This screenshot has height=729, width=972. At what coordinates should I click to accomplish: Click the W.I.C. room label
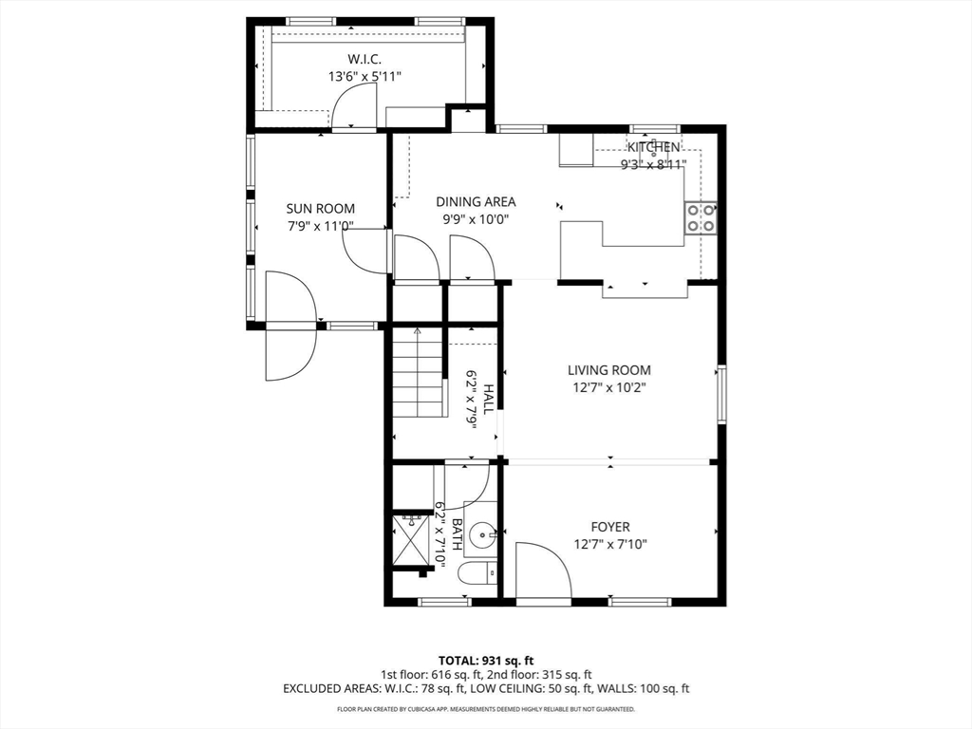364,59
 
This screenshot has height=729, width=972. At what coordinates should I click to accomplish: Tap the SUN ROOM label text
321,209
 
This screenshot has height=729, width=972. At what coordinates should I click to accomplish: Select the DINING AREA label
476,201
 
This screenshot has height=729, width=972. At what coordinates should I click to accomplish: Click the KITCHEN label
653,147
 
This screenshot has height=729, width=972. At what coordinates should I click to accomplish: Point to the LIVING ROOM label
609,370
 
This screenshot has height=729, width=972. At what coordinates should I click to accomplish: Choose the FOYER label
609,527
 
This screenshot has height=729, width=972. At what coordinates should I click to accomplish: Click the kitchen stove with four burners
701,218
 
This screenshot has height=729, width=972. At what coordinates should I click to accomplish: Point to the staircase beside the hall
418,373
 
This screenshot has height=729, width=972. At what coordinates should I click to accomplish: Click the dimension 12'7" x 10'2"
609,387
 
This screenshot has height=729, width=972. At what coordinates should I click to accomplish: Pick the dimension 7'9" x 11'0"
321,227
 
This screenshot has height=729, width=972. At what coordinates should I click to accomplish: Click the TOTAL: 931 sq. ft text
486,660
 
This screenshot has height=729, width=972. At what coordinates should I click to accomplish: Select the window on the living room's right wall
721,394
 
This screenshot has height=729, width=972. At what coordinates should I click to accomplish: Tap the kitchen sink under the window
654,158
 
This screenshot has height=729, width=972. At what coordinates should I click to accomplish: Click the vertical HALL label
488,399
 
